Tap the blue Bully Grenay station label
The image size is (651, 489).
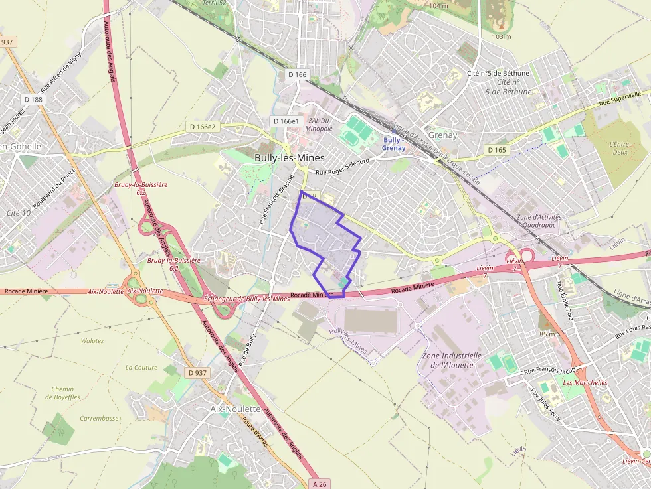(x=393, y=144)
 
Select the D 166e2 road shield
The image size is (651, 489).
(x=203, y=127)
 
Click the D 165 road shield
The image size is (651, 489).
(x=496, y=150)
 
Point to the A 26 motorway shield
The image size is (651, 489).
(x=320, y=484)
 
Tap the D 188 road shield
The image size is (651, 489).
(x=33, y=100)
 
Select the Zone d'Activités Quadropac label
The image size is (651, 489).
(x=539, y=221)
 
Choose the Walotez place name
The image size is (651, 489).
(x=92, y=341)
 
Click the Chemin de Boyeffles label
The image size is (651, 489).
(x=62, y=393)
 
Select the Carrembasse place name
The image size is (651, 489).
(x=100, y=419)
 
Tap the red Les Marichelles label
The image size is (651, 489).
(x=585, y=383)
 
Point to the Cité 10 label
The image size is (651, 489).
(x=18, y=213)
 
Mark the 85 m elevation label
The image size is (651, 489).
(x=547, y=334)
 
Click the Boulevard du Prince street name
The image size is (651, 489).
(x=54, y=188)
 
